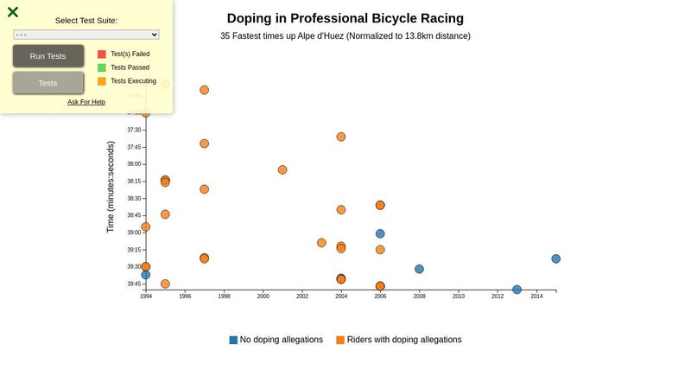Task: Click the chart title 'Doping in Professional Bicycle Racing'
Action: [345, 18]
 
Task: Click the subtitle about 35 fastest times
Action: [345, 36]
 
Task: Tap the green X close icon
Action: [13, 12]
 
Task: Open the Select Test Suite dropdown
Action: [86, 35]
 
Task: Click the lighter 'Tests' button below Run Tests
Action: [48, 83]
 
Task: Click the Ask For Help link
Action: [86, 102]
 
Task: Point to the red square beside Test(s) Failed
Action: [102, 54]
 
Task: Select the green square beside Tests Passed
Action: [102, 67]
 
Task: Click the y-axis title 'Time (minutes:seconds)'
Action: [111, 188]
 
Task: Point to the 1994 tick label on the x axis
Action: [146, 297]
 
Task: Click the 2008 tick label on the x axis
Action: [419, 297]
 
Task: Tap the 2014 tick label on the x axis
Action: [536, 297]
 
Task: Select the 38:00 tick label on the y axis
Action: [134, 164]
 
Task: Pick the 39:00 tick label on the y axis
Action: [134, 233]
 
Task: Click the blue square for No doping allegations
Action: [233, 340]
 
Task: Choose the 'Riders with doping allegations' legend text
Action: [404, 340]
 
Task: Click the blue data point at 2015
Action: [556, 258]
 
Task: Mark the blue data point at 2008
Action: [419, 269]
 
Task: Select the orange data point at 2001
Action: [282, 169]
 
